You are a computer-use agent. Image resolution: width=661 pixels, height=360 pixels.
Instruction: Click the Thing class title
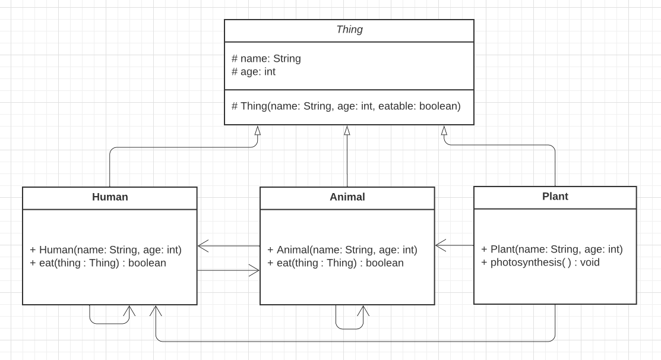(x=349, y=30)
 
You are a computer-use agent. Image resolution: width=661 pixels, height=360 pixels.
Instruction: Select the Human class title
(x=110, y=197)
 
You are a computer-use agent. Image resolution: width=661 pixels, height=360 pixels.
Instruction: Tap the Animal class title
(x=347, y=197)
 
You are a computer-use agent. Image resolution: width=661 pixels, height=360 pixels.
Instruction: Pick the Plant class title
(x=555, y=197)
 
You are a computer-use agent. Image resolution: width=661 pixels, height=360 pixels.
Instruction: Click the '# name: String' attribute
(x=266, y=58)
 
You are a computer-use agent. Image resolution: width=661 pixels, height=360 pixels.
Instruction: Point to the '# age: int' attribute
(x=254, y=72)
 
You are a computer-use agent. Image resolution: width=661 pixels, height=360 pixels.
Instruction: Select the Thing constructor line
(x=346, y=106)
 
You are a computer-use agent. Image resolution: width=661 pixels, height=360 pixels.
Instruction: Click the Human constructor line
(x=106, y=250)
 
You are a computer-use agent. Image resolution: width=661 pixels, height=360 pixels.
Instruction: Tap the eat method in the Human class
(x=98, y=263)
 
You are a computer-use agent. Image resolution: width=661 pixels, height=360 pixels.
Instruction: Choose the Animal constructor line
(x=343, y=250)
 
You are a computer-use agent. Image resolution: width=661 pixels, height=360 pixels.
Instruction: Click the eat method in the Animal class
(x=336, y=263)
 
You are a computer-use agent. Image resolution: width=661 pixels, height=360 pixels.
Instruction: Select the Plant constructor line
(x=552, y=250)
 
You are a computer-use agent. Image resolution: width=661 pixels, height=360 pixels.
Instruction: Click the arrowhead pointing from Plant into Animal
(x=440, y=245)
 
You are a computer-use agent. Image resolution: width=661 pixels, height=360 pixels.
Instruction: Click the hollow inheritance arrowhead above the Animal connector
(x=347, y=131)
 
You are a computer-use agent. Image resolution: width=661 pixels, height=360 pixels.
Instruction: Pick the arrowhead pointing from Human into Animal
(x=254, y=271)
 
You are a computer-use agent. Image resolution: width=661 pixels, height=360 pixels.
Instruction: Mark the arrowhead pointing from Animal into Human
(x=203, y=245)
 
